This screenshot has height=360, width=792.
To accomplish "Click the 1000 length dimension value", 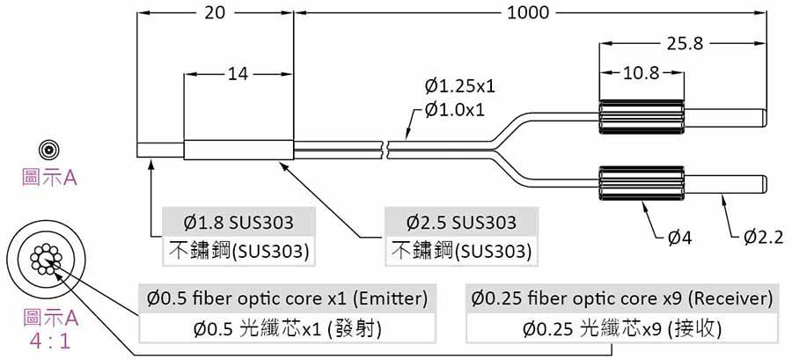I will (x=528, y=12).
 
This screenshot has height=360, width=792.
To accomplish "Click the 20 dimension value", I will (x=215, y=12).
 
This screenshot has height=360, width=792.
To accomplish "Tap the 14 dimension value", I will (x=237, y=74).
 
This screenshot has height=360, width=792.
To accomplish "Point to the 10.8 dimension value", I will (x=641, y=74).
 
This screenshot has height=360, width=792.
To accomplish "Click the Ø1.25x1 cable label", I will (x=459, y=86).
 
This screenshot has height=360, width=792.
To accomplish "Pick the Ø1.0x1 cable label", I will (x=455, y=109).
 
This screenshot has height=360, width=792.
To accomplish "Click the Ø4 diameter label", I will (x=678, y=236).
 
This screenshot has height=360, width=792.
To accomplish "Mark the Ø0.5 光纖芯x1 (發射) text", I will (x=287, y=330).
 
